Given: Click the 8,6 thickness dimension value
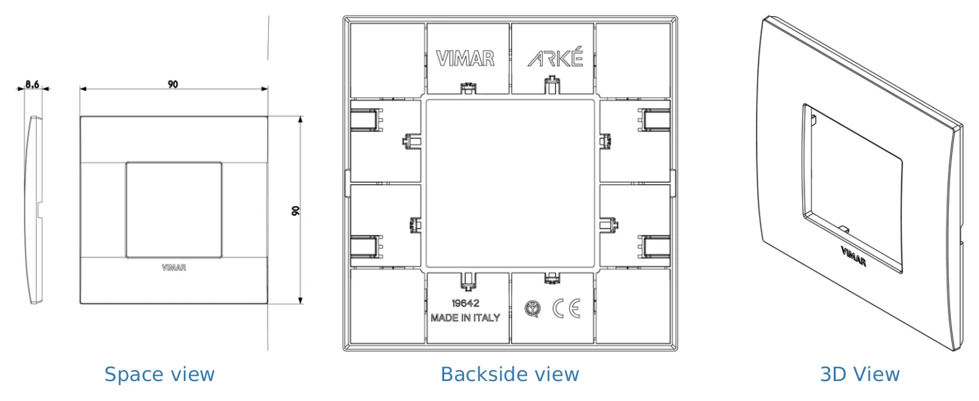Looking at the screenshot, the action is coord(32,84).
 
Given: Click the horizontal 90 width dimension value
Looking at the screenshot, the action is coord(173,84).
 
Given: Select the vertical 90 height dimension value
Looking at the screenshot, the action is coord(296,210).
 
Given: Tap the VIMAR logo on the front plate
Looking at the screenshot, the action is coord(174,268).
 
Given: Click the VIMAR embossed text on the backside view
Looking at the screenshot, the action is coord(465,58).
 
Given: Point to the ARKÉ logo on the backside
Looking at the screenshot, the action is coord(555,57).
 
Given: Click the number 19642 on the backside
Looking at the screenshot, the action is coord(465,303).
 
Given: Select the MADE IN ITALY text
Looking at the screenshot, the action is coord(465,318).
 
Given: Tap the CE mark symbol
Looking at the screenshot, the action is coord(567,308).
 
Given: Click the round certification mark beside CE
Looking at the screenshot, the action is coord(532,309).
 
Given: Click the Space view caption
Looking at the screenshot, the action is coord(159,375).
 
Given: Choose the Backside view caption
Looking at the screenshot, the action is coord(510,375).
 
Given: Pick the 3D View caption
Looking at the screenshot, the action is coord(859,375).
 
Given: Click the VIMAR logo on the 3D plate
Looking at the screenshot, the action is coord(854,257).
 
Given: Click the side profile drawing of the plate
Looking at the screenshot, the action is coord(33,210).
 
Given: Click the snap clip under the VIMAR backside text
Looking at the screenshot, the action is coord(468,88).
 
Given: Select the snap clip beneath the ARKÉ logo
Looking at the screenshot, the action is coord(552,86).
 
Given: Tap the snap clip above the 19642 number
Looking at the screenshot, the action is coord(468,281).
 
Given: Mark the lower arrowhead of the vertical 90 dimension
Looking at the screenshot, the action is coord(300,301).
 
